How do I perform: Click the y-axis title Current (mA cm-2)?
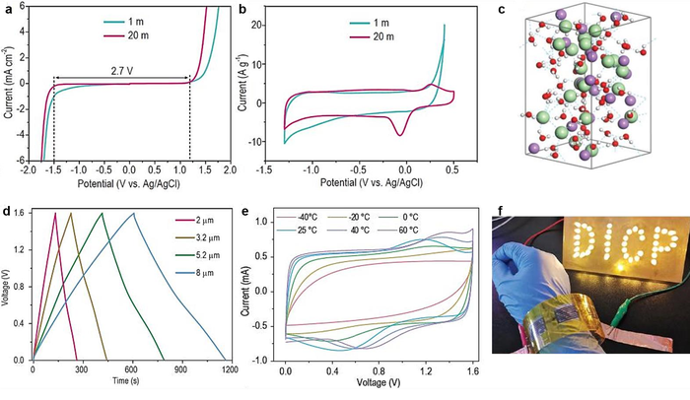tap(9, 84)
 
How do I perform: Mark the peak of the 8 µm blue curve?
tap(134, 213)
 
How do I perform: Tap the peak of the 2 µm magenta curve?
tap(55, 213)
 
